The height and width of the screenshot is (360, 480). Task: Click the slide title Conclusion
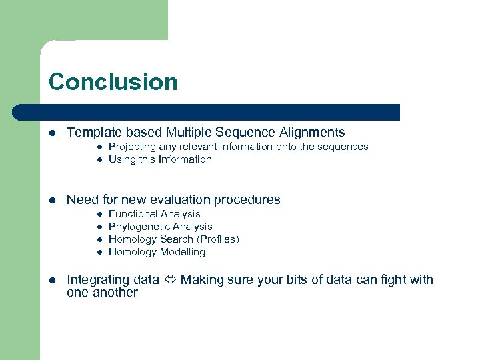113,82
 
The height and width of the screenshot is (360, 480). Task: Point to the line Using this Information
160,159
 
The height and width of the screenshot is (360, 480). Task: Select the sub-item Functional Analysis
154,214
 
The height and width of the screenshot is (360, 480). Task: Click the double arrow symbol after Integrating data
170,280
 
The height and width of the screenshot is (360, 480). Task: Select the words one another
102,293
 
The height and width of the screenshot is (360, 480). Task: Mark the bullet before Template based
53,133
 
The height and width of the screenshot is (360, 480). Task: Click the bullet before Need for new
53,200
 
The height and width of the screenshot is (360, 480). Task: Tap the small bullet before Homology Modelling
98,253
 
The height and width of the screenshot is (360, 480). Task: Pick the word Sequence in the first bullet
232,133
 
